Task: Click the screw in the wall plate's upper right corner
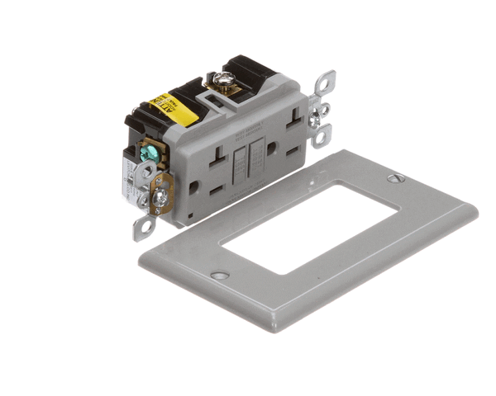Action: click(x=392, y=177)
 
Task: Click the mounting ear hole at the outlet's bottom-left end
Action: click(x=145, y=223)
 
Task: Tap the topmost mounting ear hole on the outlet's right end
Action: click(x=327, y=81)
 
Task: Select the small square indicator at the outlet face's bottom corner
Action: click(x=188, y=215)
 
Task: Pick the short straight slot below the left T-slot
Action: click(x=217, y=187)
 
